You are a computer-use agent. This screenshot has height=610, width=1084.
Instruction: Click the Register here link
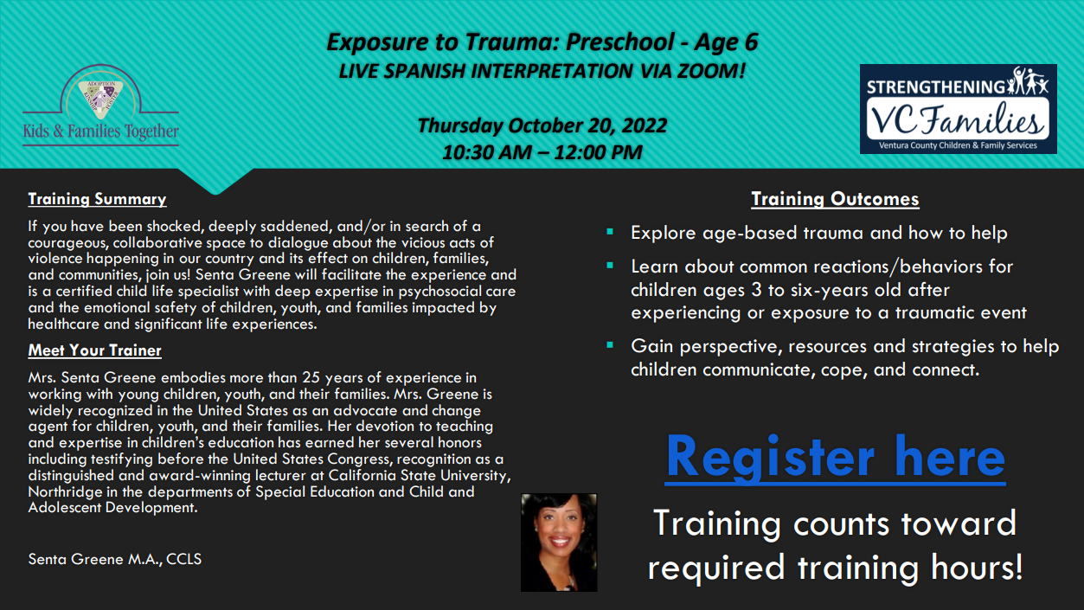click(835, 458)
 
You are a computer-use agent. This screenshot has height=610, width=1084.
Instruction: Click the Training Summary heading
click(97, 199)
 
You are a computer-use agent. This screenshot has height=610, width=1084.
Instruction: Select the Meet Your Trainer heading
click(95, 350)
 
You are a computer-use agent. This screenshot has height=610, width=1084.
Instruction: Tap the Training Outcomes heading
click(835, 199)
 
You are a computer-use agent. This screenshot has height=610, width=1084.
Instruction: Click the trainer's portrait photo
click(559, 543)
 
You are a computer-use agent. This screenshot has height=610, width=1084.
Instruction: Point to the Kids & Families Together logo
click(100, 106)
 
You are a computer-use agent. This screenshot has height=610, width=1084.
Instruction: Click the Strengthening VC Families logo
click(959, 109)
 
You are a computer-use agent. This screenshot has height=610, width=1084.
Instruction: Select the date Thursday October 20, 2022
click(542, 125)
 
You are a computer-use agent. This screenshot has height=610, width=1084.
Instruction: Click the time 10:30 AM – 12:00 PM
click(542, 152)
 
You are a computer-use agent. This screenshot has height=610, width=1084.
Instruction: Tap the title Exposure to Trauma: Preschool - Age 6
click(542, 42)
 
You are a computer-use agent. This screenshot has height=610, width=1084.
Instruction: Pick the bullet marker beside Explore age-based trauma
click(610, 231)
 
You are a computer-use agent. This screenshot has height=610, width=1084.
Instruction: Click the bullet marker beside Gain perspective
click(610, 345)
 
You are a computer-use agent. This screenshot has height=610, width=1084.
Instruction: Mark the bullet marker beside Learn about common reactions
click(610, 266)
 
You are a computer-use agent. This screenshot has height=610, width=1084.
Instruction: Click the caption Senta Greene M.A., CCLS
click(115, 559)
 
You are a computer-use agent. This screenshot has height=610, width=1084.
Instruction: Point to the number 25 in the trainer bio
click(311, 377)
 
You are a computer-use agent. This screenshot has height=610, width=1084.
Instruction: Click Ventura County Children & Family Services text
click(959, 145)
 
